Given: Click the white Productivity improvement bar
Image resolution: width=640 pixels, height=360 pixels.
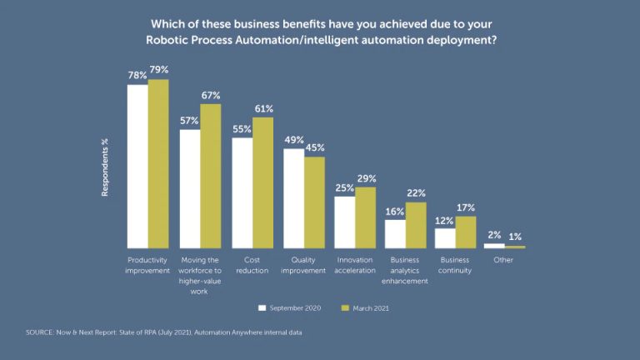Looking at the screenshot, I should (137, 167).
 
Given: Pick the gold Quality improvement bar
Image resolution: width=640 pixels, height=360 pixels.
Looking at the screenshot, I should (314, 202).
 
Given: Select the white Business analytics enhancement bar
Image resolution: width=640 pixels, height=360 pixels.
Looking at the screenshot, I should (395, 234).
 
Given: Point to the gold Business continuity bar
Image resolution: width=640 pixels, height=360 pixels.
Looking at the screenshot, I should (466, 232).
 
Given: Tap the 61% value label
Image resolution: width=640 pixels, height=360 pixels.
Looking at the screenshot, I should (263, 109).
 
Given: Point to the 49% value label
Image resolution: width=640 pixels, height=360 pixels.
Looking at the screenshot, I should (293, 140).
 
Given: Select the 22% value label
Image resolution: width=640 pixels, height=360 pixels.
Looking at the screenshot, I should (416, 193).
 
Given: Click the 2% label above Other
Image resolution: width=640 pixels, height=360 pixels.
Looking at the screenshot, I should (494, 236).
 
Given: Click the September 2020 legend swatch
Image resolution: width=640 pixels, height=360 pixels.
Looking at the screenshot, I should (262, 307).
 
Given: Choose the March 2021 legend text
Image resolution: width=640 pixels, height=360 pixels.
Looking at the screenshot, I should (371, 308).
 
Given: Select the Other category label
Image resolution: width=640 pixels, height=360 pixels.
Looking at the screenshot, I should (503, 260).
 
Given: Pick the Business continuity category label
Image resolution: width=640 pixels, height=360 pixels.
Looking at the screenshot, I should (455, 265).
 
